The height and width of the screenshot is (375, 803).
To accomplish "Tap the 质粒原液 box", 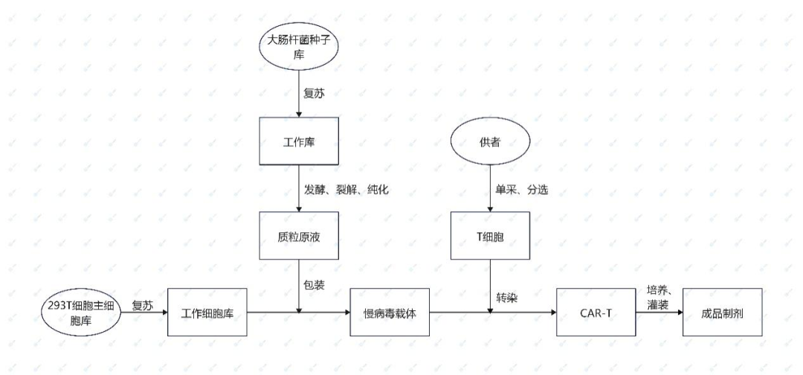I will pyautogui.click(x=299, y=236).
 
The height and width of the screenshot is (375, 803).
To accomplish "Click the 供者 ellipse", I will pyautogui.click(x=491, y=141).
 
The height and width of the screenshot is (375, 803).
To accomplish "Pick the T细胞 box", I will pyautogui.click(x=491, y=236).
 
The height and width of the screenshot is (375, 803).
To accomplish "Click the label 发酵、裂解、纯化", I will pyautogui.click(x=346, y=190).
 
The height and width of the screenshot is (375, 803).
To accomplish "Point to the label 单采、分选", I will pyautogui.click(x=522, y=190).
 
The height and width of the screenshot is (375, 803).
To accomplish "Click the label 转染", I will pyautogui.click(x=508, y=297).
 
